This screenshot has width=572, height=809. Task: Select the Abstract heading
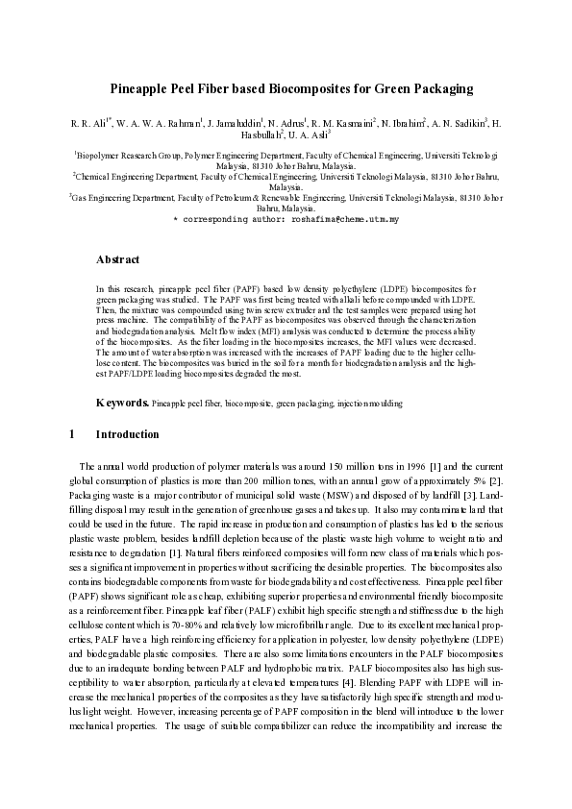(x=118, y=259)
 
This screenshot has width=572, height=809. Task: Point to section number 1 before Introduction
(x=72, y=434)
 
